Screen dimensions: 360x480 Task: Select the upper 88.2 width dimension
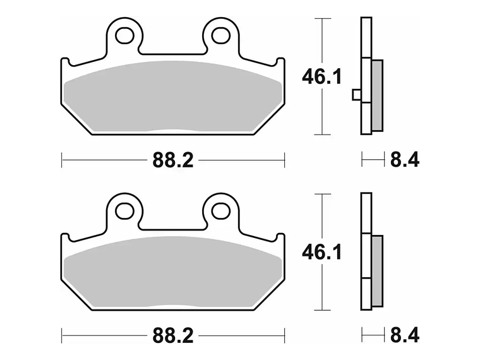(172, 160)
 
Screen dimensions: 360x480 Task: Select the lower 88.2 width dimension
(172, 335)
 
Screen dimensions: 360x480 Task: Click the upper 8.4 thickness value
(404, 160)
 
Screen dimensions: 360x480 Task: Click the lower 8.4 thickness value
(404, 335)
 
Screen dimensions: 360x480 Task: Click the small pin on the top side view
(356, 95)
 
